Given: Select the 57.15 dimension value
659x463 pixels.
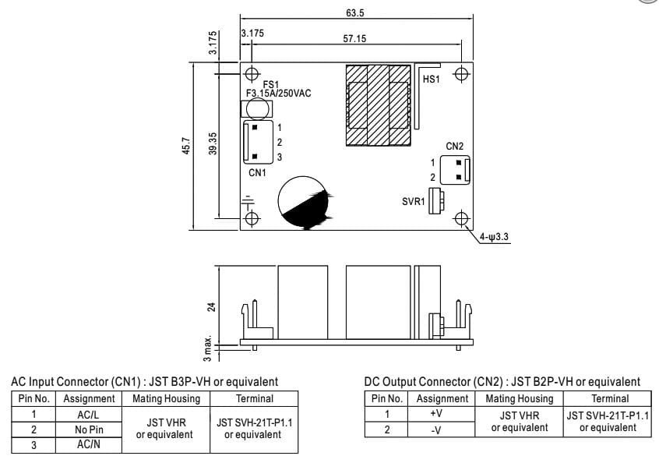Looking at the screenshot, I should [355, 38].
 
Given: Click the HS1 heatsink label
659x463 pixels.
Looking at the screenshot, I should [431, 80].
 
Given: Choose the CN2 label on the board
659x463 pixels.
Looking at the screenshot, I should [454, 146].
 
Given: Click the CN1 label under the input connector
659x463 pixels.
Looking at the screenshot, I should [257, 172].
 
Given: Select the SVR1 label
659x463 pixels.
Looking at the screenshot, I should [413, 201].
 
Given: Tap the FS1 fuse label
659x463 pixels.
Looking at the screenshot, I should [270, 83].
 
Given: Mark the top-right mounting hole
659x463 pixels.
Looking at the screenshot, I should [461, 74].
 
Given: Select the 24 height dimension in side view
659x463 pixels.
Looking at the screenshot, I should [210, 307].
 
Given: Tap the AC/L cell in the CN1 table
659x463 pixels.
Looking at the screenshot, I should [89, 415].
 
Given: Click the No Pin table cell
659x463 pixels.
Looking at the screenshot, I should [89, 429].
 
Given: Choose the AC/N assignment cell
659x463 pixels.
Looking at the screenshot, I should [89, 444].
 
